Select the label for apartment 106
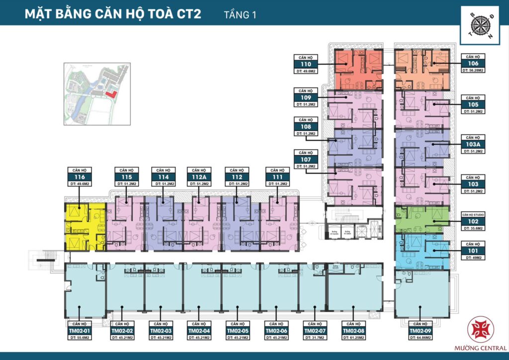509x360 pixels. [473, 64]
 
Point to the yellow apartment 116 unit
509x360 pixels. [85, 226]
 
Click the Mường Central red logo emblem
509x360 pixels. [481, 329]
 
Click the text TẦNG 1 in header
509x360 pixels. [240, 15]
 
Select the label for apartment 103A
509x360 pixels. [473, 144]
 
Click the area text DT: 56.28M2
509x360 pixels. [473, 71]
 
